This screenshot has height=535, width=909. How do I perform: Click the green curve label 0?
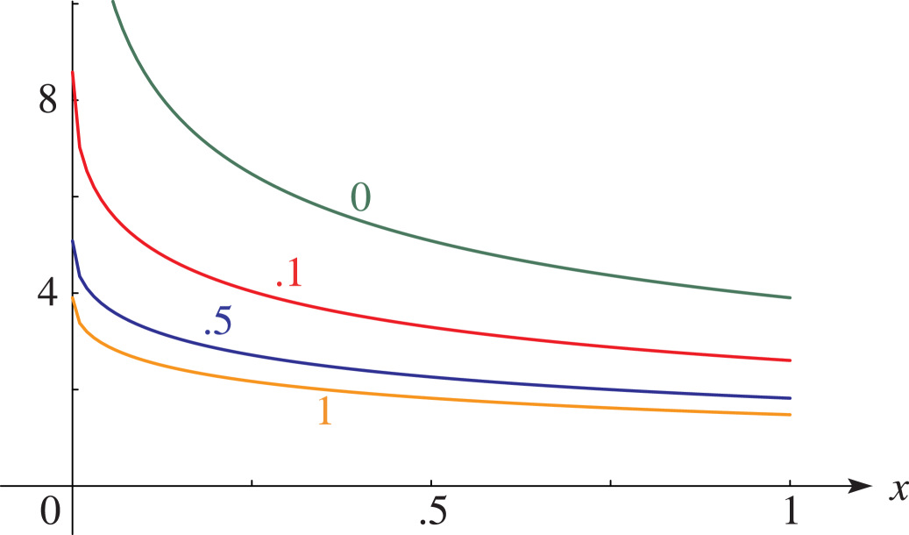coord(360,197)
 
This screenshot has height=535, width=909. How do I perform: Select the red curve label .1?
coord(289,273)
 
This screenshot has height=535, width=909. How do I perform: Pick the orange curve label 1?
coord(324,410)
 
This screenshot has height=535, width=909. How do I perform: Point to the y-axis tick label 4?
coord(47,293)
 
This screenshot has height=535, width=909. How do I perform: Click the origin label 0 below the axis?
coord(50,510)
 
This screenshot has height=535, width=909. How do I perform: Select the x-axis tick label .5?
coord(431,510)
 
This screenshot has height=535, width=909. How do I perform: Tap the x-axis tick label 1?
coord(790,510)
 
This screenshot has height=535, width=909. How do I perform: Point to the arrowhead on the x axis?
coord(860,485)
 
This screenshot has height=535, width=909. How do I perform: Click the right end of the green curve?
coord(790,297)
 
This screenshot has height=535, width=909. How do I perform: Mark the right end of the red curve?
coord(790,360)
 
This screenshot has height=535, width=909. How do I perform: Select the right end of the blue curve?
coord(790,398)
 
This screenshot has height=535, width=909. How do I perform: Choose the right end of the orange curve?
coord(790,414)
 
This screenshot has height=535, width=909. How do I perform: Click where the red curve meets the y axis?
coord(73,72)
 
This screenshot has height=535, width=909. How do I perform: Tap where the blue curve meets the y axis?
coord(73,241)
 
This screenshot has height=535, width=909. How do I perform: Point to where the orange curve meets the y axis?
coord(73,297)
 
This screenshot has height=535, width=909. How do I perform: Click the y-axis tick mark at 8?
coord(75,100)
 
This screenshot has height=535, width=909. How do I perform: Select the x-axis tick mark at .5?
coord(431,481)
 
